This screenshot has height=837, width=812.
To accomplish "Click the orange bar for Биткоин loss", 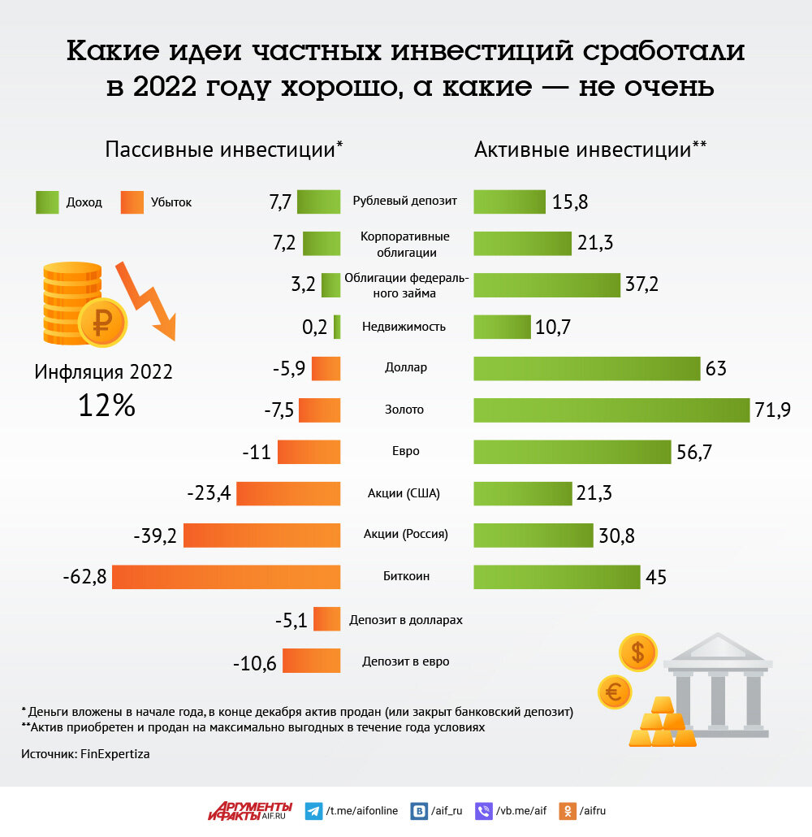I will tap(226, 577).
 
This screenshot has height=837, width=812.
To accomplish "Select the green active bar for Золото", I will tap(611, 410).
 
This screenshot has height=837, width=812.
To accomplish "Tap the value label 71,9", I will tap(772, 410).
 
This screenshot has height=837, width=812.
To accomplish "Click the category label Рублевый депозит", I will tap(405, 201).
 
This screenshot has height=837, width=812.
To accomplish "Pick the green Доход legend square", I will tap(47, 202).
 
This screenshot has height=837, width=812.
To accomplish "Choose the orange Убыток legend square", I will tap(132, 202).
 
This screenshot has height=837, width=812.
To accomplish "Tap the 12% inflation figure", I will tap(106, 405).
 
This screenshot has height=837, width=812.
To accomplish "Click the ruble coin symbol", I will tap(102, 323).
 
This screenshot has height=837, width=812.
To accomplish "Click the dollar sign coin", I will tap(637, 652).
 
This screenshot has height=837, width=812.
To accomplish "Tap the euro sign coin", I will tap(615, 693).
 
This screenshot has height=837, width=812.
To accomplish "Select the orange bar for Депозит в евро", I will tap(311, 661).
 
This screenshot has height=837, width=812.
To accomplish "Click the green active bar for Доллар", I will tap(586, 368).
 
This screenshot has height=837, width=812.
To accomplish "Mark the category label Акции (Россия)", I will tap(405, 535).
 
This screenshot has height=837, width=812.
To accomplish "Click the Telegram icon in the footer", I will tap(313, 810).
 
